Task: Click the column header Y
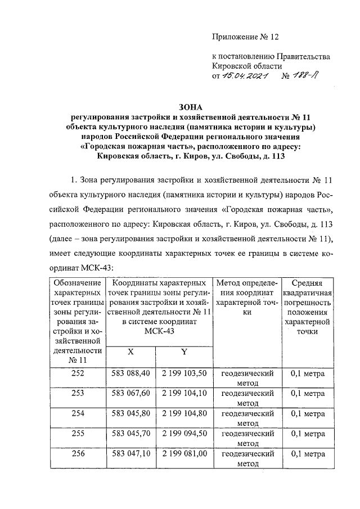[183, 352]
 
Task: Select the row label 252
[78, 373]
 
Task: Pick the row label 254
[78, 413]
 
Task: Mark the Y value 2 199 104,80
[183, 413]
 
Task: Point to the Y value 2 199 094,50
[183, 434]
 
